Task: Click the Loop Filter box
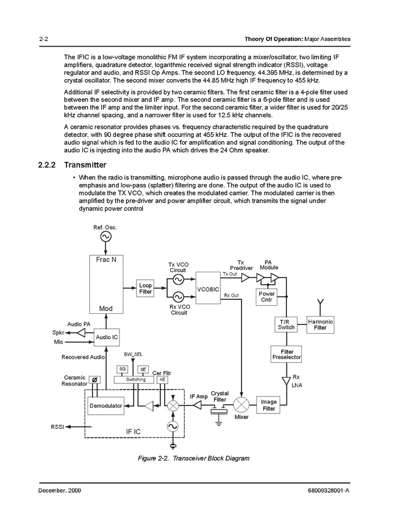pyautogui.click(x=145, y=288)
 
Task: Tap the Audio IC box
pyautogui.click(x=107, y=337)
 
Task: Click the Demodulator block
pyautogui.click(x=106, y=405)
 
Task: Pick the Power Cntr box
pyautogui.click(x=267, y=297)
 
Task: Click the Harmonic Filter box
pyautogui.click(x=320, y=325)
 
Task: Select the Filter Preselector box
pyautogui.click(x=286, y=355)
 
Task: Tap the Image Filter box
pyautogui.click(x=269, y=405)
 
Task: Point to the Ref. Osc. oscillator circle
pyautogui.click(x=106, y=237)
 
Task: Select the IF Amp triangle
pyautogui.click(x=197, y=405)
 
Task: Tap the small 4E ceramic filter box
pyautogui.click(x=163, y=379)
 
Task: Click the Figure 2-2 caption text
pyautogui.click(x=194, y=458)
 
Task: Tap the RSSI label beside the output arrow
pyautogui.click(x=57, y=426)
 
